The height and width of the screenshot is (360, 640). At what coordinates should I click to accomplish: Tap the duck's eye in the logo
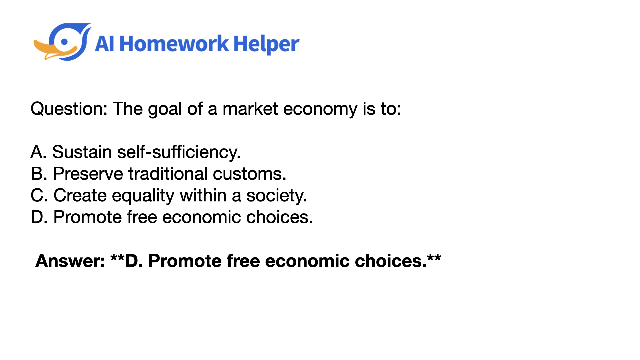pyautogui.click(x=65, y=42)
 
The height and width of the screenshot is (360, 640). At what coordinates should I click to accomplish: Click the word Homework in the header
pyautogui.click(x=174, y=44)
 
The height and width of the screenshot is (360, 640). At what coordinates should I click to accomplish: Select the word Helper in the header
pyautogui.click(x=266, y=45)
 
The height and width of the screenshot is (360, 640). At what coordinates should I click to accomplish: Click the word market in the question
pyautogui.click(x=250, y=109)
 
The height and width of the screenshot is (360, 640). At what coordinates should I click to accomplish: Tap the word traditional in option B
pyautogui.click(x=168, y=174)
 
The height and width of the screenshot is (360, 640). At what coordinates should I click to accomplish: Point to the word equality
pyautogui.click(x=143, y=196)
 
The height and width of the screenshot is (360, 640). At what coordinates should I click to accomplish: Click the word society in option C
pyautogui.click(x=276, y=196)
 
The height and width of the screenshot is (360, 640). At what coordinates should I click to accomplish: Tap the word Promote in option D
pyautogui.click(x=87, y=217)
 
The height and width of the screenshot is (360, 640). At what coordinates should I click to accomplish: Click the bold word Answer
pyautogui.click(x=70, y=261)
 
